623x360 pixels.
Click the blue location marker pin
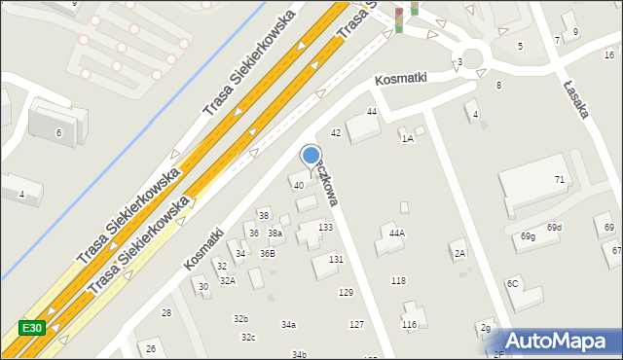(x=311, y=158)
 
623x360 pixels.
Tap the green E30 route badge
(x=31, y=329)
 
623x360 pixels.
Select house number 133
(x=325, y=227)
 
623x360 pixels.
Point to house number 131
(x=336, y=259)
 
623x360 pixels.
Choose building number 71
(x=560, y=180)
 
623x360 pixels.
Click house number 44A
(x=396, y=233)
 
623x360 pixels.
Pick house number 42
(x=336, y=132)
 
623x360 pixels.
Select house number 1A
(x=408, y=139)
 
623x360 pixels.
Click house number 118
(x=398, y=280)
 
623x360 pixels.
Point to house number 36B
(x=267, y=253)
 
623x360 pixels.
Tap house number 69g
(x=528, y=236)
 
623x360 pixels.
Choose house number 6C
(x=512, y=283)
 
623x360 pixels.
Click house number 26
(x=150, y=348)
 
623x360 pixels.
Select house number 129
(x=346, y=292)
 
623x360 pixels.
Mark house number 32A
(x=227, y=280)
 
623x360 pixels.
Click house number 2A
(x=459, y=253)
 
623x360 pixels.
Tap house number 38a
(x=275, y=234)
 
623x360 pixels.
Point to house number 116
(x=409, y=324)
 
